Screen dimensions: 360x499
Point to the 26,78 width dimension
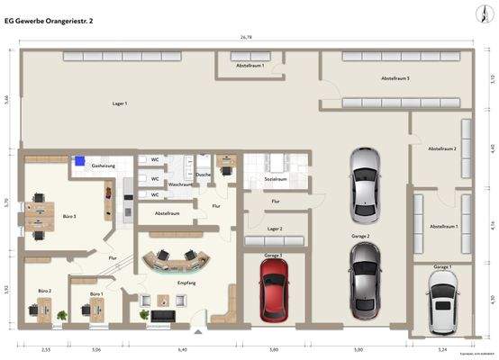tap(246, 38)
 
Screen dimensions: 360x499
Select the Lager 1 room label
tap(119, 104)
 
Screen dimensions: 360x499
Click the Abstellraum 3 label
tap(395, 79)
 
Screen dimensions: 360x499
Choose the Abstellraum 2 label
tap(441, 148)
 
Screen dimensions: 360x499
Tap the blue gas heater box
tap(80, 162)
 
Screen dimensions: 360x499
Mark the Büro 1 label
tap(96, 294)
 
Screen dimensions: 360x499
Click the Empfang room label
tap(186, 283)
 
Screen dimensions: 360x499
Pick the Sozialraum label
tap(275, 179)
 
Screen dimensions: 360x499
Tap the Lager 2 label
tap(275, 229)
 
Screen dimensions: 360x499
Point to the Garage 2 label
tap(360, 235)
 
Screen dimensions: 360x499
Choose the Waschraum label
tap(180, 184)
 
